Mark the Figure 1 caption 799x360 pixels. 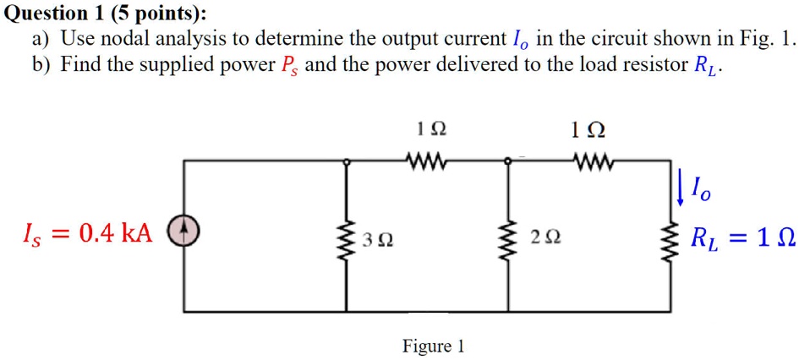433,346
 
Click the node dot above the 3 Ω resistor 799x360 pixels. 345,160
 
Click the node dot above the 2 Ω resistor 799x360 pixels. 507,160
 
